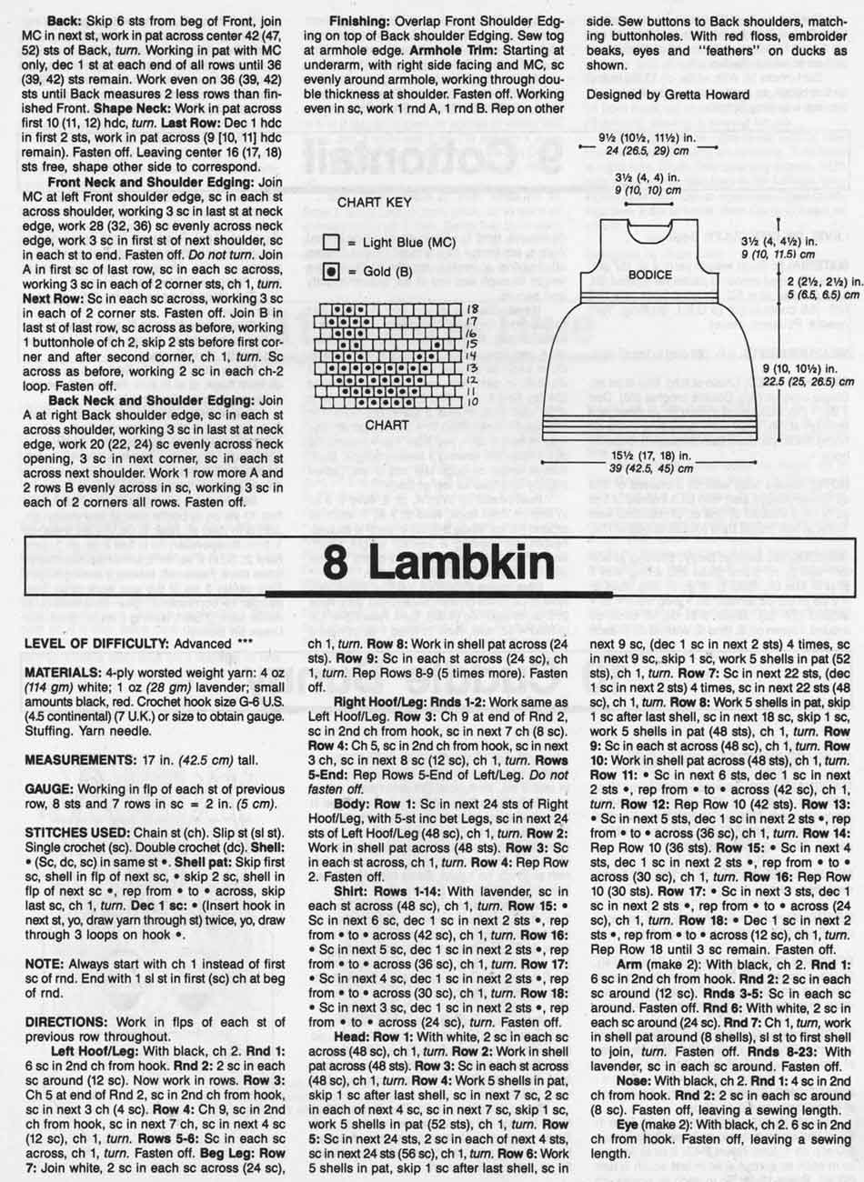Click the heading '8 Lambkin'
[x=440, y=566]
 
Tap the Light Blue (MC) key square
[x=331, y=243]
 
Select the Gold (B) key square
[x=331, y=273]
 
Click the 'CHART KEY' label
[x=375, y=203]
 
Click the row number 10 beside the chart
[x=472, y=400]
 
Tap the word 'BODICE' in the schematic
[x=650, y=274]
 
